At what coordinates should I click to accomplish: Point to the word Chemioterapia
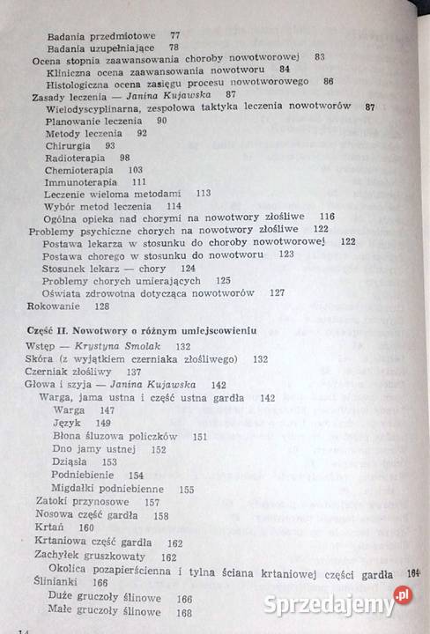point(77,169)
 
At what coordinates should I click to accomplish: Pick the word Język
point(68,423)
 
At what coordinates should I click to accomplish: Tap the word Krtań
point(48,527)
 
